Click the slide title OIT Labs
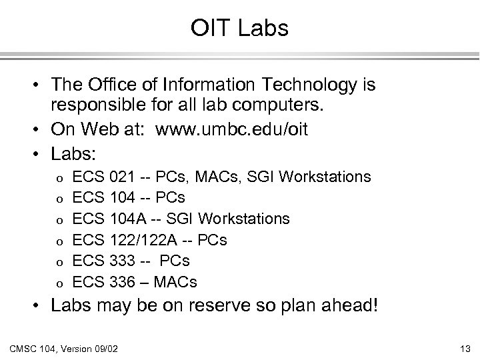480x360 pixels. tap(239, 28)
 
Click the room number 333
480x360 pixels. tap(123, 261)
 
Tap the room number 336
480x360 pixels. tap(123, 282)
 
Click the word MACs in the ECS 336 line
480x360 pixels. tap(175, 282)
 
